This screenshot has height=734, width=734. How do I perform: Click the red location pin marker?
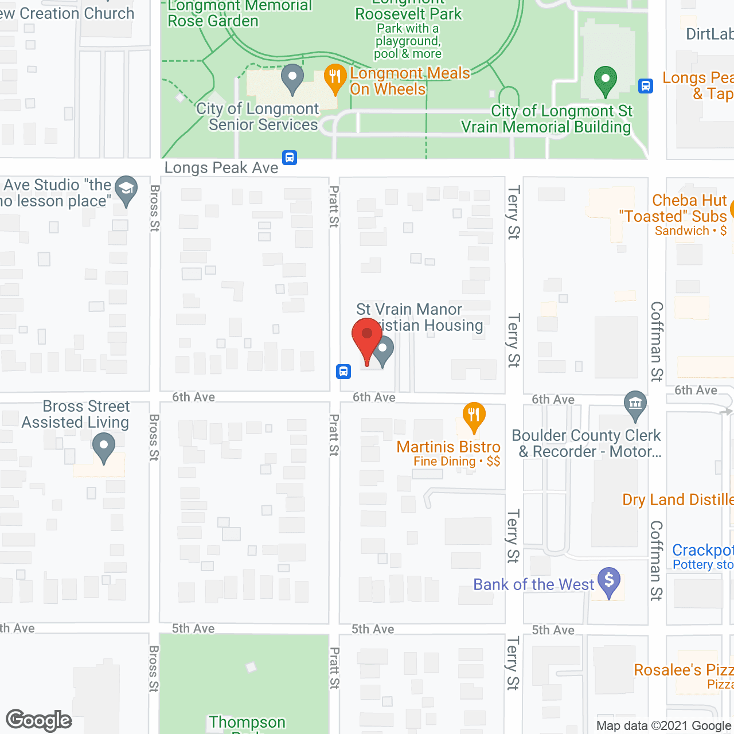click(367, 338)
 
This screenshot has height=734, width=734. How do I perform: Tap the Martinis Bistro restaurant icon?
click(474, 416)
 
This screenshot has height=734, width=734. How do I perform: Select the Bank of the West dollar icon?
click(609, 581)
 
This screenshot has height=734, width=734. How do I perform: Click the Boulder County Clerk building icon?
click(635, 405)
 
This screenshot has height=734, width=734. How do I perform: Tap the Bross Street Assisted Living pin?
click(104, 447)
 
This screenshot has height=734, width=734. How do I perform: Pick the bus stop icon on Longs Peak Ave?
click(290, 157)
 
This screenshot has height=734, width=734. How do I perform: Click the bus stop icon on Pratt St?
click(343, 372)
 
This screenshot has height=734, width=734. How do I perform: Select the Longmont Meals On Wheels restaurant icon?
click(335, 79)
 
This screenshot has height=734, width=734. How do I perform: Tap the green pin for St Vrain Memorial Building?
click(605, 80)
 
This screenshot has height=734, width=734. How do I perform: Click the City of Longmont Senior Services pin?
click(292, 79)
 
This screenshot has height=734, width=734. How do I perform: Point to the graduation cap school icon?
click(126, 190)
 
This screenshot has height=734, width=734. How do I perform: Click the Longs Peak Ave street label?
click(221, 168)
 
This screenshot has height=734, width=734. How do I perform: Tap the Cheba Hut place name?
click(689, 201)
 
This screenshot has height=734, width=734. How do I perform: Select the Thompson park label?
click(247, 722)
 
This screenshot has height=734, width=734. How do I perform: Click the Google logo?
click(39, 720)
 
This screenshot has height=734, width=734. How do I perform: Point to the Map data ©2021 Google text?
click(664, 726)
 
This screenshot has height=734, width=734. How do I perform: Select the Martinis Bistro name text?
click(448, 447)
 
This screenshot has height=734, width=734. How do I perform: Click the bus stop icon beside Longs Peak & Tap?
click(646, 87)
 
